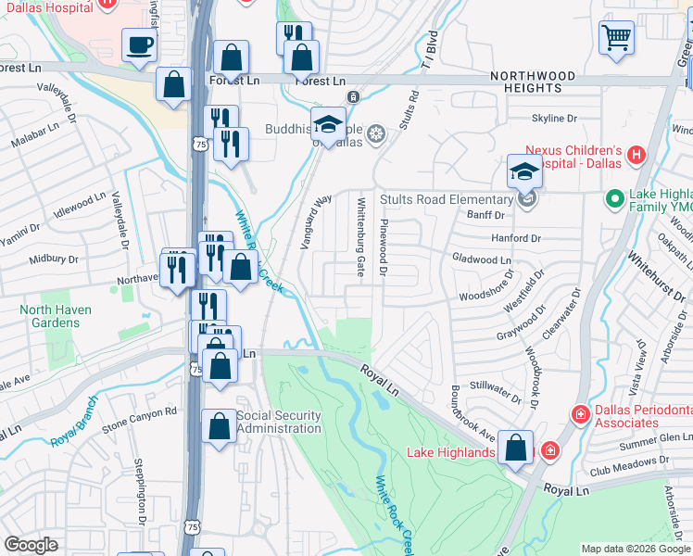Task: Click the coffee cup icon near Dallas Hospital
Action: (139, 44)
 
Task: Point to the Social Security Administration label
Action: (279, 422)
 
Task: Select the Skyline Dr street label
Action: (553, 119)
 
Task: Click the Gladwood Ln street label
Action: (481, 259)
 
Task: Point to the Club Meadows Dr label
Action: (626, 461)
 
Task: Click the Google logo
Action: (31, 545)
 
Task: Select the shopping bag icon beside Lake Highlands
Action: (516, 447)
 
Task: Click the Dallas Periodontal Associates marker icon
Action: (580, 413)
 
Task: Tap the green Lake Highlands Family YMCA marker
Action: (613, 198)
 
